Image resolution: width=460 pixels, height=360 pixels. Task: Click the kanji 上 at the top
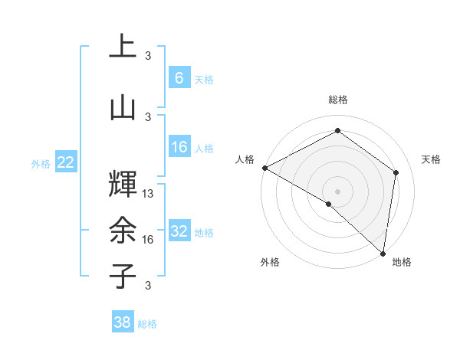coord(123,47)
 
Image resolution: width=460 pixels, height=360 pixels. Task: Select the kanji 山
coord(123,107)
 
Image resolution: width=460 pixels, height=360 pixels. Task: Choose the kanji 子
coord(123,276)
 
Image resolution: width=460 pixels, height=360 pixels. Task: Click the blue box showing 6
coord(179,77)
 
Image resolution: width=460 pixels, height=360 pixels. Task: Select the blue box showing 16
coord(179,147)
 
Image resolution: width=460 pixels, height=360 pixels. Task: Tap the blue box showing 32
coord(179,231)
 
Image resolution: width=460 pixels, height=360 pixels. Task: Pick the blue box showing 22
coord(66,162)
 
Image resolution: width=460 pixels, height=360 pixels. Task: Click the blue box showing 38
coord(123,322)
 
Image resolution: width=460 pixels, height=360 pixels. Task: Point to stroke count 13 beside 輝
coord(148,194)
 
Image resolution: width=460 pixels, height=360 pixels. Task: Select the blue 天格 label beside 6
coord(204,79)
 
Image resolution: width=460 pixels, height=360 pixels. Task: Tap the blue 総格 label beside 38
coord(147,324)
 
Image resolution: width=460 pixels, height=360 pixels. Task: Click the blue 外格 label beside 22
coord(41,163)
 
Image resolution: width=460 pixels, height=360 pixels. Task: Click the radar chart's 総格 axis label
coord(337,100)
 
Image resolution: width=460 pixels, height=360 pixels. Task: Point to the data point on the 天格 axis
coord(396,172)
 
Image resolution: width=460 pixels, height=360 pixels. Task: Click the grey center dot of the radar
coord(337,191)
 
